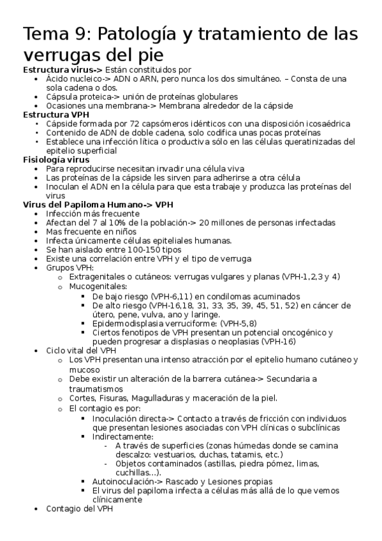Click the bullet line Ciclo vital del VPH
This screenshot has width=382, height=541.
(x=81, y=350)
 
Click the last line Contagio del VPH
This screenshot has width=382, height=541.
(x=80, y=508)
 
